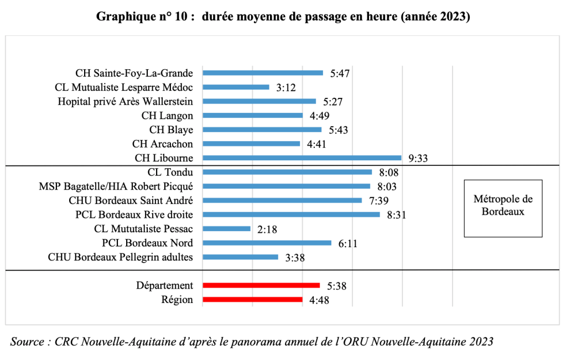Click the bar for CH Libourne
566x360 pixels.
point(302,158)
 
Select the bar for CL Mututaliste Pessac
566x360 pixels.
point(226,228)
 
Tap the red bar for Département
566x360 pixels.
point(261,285)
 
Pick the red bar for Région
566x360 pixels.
point(252,300)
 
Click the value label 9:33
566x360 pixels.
point(419,158)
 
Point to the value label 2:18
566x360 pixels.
point(267,229)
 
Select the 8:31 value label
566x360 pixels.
point(397,215)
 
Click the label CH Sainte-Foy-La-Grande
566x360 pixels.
point(134,73)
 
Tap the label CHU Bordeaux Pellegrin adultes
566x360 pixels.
point(120,257)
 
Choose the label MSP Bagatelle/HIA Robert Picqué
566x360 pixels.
point(116,186)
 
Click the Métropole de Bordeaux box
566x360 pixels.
point(502,205)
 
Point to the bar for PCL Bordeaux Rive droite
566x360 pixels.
point(291,215)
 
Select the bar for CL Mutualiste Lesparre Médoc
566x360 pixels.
point(236,87)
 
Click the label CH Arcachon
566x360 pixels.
point(163,144)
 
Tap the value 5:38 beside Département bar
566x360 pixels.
point(337,286)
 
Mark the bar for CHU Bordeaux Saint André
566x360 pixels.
point(282,200)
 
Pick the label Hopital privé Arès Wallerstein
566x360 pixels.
point(125,101)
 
